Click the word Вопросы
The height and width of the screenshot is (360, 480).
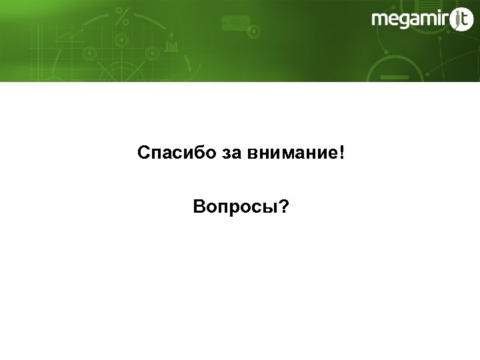pos(233,208)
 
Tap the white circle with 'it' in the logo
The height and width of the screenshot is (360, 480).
pos(461,21)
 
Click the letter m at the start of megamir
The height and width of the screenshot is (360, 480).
pos(380,21)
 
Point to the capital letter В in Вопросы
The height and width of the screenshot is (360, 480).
pos(198,208)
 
